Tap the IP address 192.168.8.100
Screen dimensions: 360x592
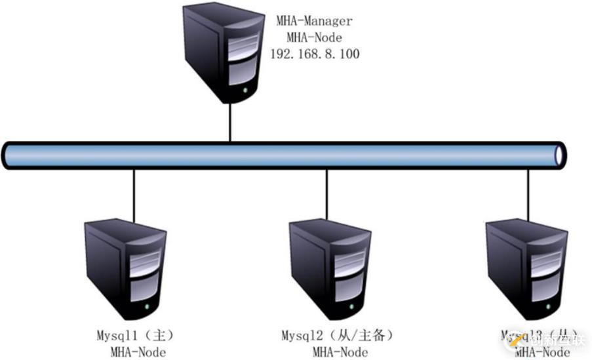[315, 54]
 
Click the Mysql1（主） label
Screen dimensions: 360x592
[133, 336]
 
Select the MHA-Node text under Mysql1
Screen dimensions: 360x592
[138, 352]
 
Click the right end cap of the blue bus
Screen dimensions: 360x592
[559, 155]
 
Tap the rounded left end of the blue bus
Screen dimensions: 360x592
[8, 155]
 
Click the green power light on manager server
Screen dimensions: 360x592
[245, 87]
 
